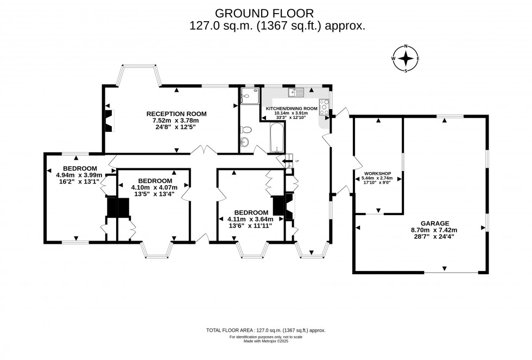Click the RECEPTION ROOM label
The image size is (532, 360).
coord(176,113)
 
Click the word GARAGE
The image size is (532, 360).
coord(434,223)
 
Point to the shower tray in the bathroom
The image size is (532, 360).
coord(248,95)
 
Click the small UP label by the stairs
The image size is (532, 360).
coord(296,161)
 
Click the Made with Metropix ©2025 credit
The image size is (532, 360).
coord(265,342)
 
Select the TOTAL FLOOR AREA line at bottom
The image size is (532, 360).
coord(265,330)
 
